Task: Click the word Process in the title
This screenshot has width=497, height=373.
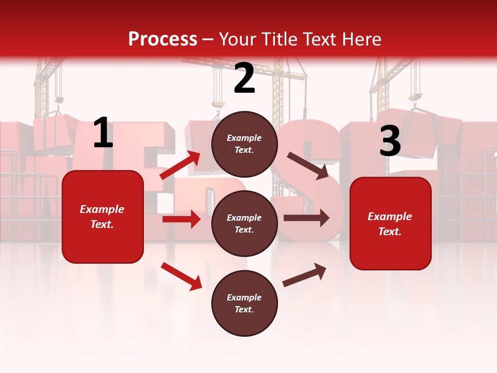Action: pos(163,39)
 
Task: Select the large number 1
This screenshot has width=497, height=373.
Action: pos(103,133)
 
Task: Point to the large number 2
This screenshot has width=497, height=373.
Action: pos(244,78)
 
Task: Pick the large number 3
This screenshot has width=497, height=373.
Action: pos(390,141)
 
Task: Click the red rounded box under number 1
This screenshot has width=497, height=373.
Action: pos(103,217)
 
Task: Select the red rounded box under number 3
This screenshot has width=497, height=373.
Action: pos(390,223)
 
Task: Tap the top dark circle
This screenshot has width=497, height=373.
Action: pos(244,144)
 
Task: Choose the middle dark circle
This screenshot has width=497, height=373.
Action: pos(244,223)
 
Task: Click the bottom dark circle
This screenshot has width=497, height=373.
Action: pos(244,303)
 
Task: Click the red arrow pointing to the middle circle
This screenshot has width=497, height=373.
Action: pos(181,219)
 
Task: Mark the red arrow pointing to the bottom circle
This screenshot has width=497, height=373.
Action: pos(181,276)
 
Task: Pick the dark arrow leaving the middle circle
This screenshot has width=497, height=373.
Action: pos(306,218)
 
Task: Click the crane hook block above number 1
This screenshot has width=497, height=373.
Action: pos(59,99)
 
